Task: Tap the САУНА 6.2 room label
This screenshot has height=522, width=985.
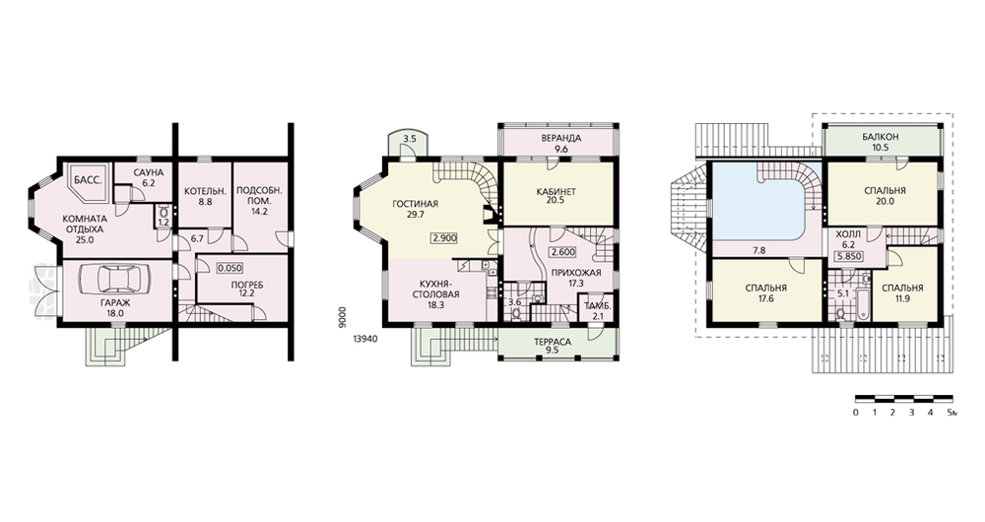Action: click(149, 177)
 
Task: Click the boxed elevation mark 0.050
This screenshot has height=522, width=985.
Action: click(230, 268)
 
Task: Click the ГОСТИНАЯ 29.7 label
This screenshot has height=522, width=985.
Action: click(415, 209)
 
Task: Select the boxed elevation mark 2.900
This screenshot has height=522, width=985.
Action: click(443, 238)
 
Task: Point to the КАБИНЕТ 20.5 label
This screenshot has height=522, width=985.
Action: click(556, 197)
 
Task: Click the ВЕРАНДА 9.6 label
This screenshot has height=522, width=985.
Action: click(560, 144)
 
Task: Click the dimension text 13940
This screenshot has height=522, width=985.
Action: click(365, 339)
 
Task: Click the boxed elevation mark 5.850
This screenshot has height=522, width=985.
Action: click(849, 256)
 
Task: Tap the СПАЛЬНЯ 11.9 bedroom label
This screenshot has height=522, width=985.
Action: click(902, 294)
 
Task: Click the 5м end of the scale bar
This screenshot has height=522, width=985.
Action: click(952, 398)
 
